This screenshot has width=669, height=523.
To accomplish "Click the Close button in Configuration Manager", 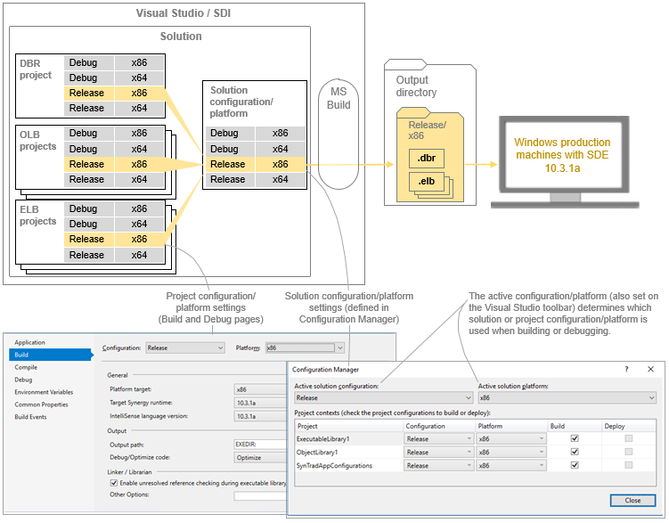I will pos(632,501).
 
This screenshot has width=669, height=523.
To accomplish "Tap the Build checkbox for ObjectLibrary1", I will pos(575,452).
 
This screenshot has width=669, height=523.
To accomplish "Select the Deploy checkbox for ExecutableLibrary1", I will pos(630,438).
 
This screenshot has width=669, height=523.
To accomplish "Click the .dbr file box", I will pos(426,159).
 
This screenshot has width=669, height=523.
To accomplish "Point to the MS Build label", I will pos(339,98).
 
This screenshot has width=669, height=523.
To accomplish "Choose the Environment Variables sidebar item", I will pos(43,392).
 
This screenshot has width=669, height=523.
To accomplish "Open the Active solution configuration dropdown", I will pos(383,398).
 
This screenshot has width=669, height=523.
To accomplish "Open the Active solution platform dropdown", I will pos(567,398).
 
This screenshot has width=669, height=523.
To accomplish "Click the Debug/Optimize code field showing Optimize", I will pos(259,457).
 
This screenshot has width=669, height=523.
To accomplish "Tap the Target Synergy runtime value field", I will pos(259,402).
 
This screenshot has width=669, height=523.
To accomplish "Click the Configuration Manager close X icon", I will pos(650,369).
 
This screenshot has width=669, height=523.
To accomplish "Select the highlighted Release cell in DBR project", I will pos(87,93).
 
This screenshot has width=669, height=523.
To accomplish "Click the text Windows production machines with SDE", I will pos(563,148).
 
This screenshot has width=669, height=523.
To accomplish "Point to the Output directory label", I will pos(417,86).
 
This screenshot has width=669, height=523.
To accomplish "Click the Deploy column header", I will pos(615,426).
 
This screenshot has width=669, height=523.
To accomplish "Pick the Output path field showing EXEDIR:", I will pos(259,445).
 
